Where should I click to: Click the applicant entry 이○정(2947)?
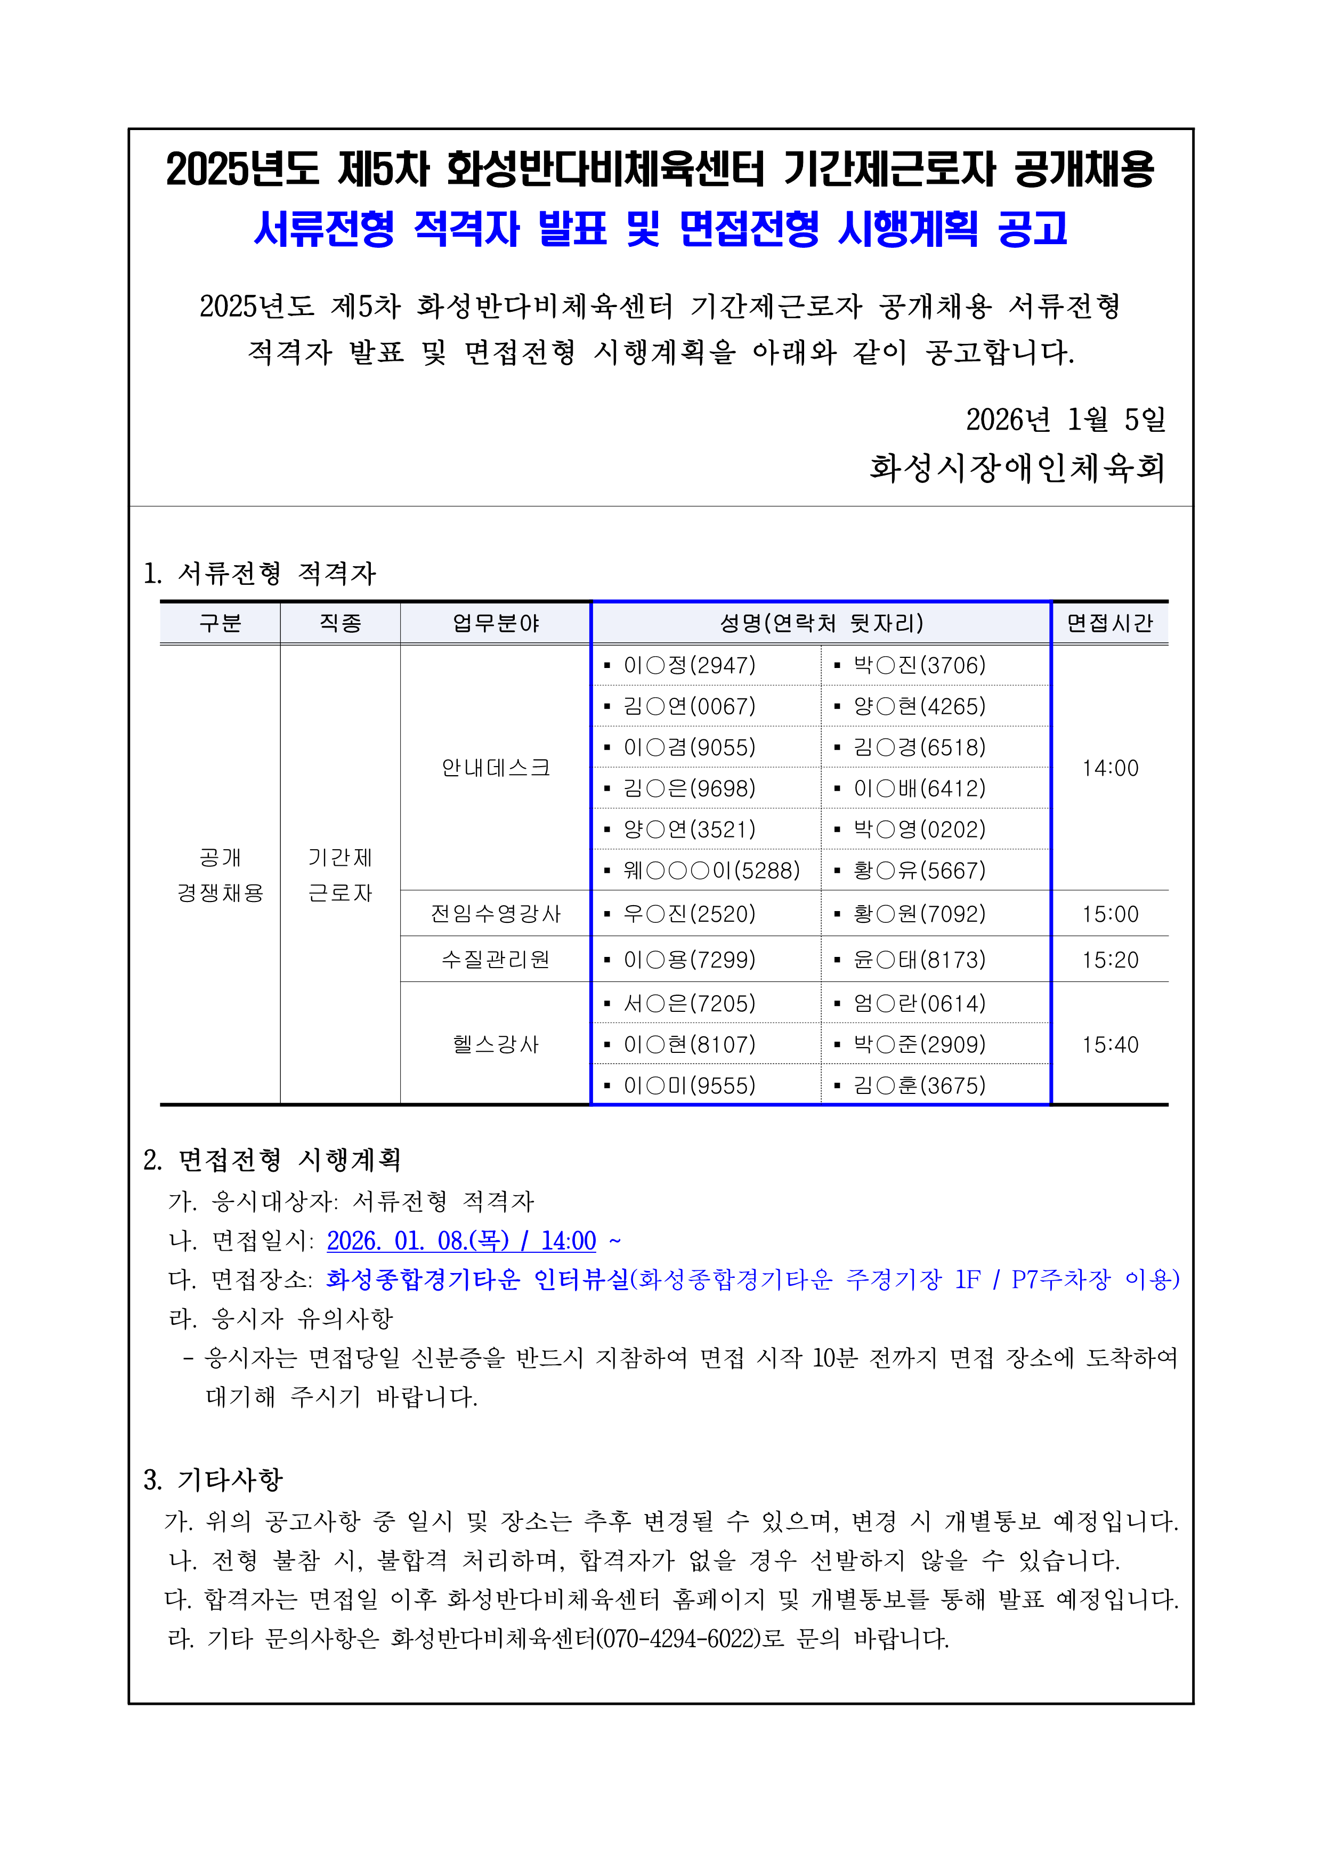[689, 665]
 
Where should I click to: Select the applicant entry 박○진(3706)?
[919, 665]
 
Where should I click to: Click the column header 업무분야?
[496, 623]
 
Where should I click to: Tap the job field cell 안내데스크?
[496, 768]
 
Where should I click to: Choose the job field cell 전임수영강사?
[496, 914]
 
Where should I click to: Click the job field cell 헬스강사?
[496, 1045]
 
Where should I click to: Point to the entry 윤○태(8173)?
[919, 960]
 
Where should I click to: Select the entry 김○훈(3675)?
[919, 1085]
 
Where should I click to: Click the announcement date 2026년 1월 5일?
[1066, 420]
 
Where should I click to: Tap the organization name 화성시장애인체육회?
[1017, 468]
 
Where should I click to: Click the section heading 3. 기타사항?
[213, 1479]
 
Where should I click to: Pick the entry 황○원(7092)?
[919, 914]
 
